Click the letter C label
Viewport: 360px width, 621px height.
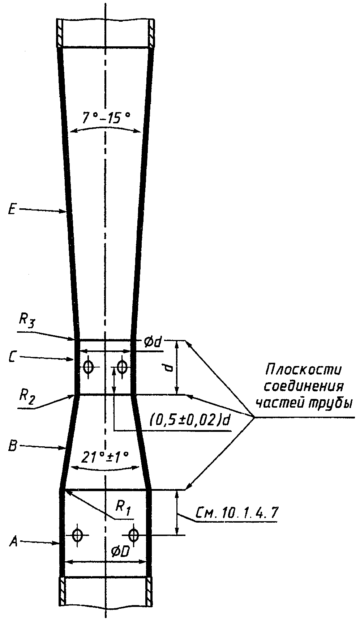click(12, 357)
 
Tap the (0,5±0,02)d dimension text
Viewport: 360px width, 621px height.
click(190, 422)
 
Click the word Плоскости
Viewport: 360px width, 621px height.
click(304, 370)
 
